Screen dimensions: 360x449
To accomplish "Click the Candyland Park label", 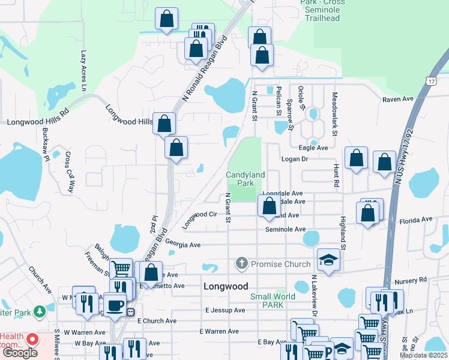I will coord(245,178).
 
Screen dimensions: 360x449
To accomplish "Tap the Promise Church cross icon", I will coord(241,263).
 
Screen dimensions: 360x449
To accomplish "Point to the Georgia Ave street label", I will coord(182,245).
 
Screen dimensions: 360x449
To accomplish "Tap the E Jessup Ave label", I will coord(225,310).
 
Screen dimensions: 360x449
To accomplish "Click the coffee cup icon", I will coord(115,304).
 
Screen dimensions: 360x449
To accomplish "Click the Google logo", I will coord(20,353).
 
